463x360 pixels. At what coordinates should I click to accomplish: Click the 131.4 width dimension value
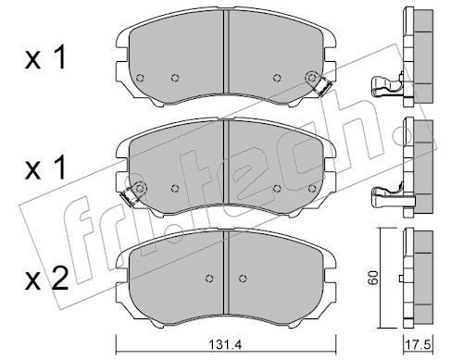pyautogui.click(x=225, y=345)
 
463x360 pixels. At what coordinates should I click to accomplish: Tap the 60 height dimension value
pyautogui.click(x=373, y=278)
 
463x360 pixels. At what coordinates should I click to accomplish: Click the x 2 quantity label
pyautogui.click(x=46, y=279)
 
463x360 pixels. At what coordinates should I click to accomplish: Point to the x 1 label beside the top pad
pyautogui.click(x=45, y=57)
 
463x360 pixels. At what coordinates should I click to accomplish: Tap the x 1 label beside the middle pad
pyautogui.click(x=45, y=168)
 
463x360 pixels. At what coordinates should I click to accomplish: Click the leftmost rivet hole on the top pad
pyautogui.click(x=140, y=78)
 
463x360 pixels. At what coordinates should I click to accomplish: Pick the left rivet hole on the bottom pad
pyautogui.click(x=209, y=279)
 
